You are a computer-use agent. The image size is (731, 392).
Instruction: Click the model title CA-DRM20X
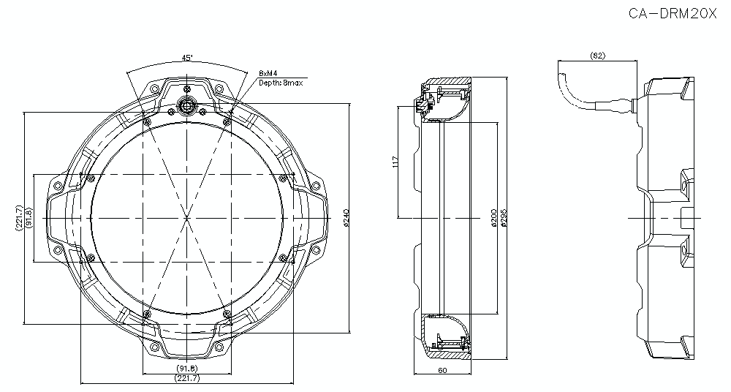point(673,13)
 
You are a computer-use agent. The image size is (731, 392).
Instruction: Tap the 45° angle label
point(187,59)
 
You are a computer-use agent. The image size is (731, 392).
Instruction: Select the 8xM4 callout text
point(269,73)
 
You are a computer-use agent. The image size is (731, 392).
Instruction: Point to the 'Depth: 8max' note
point(281,83)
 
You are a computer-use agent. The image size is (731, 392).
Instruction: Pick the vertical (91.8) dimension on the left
point(29,218)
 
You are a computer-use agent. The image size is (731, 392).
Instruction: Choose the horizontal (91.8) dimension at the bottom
point(187,369)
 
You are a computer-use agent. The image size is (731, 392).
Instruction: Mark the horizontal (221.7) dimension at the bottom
point(187,378)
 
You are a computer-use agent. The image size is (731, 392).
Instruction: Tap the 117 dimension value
point(395,162)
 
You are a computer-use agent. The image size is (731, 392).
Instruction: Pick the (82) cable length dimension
point(597,56)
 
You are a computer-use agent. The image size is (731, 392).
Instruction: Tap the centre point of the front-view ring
point(187,218)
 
